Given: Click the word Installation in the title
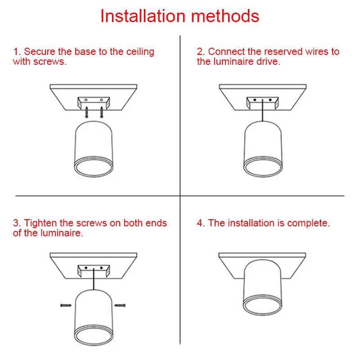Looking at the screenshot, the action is click(143, 16).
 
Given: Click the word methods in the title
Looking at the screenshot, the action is click(225, 16).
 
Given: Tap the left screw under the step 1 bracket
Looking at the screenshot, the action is click(86, 112).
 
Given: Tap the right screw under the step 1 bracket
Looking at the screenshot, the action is click(102, 112).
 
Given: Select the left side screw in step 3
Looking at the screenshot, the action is click(66, 306).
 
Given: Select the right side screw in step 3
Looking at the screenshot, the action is click(120, 306).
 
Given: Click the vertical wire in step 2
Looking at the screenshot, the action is click(263, 110).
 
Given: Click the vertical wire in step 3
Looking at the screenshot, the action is click(94, 279).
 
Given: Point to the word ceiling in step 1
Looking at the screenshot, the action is click(140, 52).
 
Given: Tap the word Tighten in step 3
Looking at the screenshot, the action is click(40, 223).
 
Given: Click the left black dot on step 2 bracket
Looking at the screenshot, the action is click(255, 100).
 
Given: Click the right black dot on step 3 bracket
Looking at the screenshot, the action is click(101, 268).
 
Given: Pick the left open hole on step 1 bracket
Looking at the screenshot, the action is click(86, 100).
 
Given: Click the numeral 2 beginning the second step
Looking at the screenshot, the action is click(200, 52).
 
